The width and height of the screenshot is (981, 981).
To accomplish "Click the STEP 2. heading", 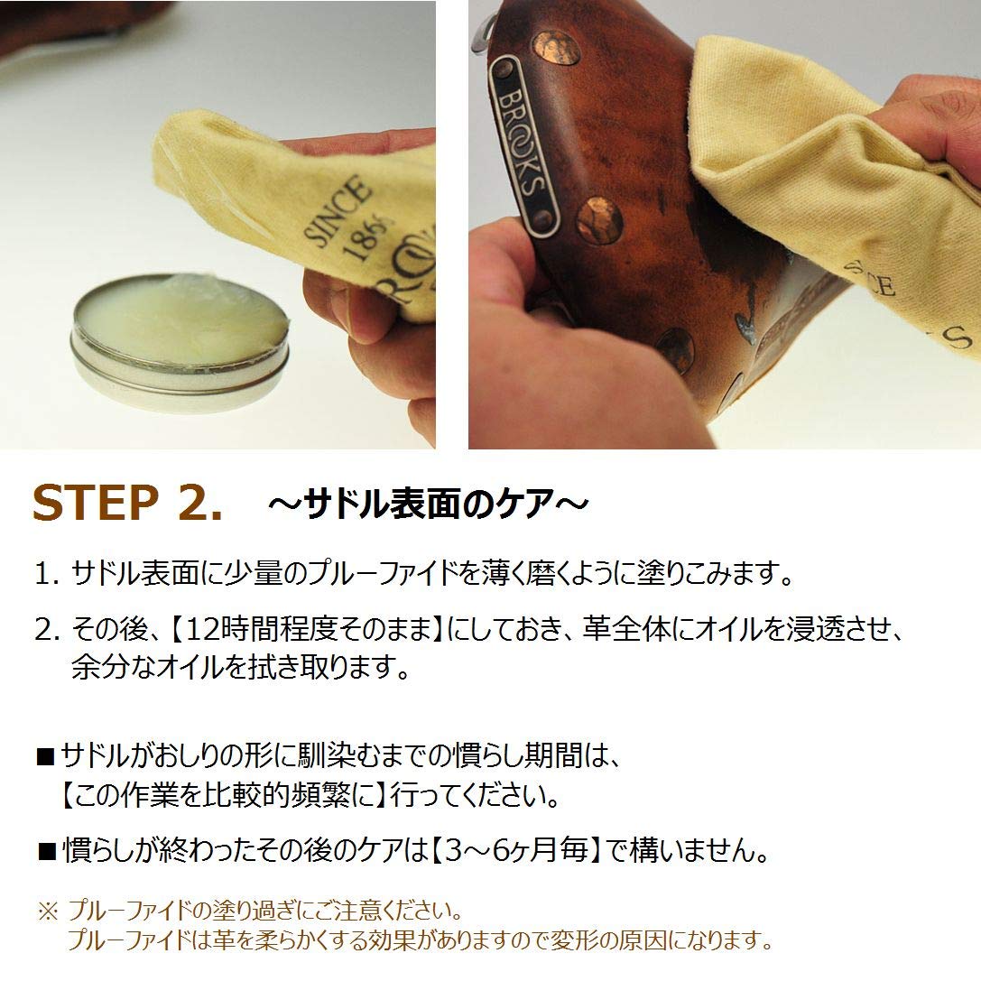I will tap(126, 504).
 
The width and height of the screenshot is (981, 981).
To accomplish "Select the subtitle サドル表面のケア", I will tap(428, 504).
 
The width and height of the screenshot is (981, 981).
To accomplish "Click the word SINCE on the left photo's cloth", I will tap(337, 213).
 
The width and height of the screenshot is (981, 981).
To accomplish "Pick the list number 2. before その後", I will tap(46, 628).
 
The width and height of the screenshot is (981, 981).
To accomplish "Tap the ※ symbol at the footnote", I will tap(46, 908).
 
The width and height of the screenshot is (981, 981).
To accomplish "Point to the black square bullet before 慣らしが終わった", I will tap(47, 850).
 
